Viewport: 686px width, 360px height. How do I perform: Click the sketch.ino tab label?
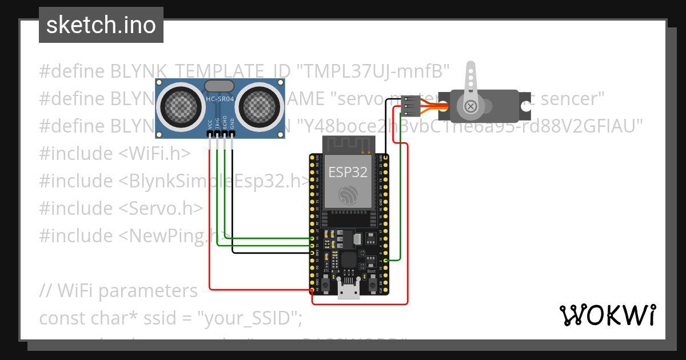click(x=101, y=25)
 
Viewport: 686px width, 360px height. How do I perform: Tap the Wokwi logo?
click(x=607, y=315)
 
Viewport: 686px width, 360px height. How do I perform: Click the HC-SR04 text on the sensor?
click(x=220, y=99)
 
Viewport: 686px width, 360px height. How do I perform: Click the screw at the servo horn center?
click(x=470, y=106)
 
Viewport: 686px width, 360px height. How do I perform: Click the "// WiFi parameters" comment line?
click(x=118, y=291)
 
